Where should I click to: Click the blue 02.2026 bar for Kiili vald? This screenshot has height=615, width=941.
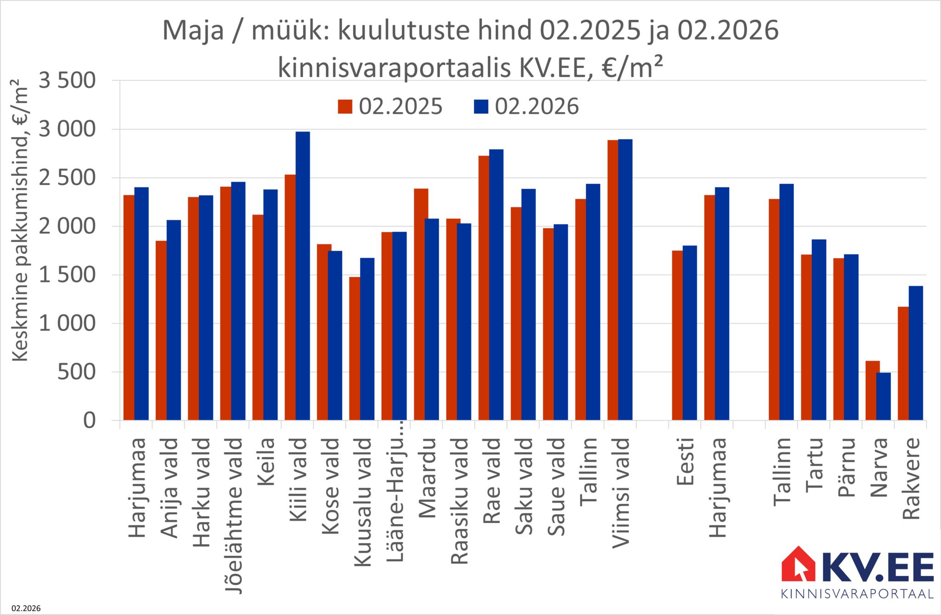(x=302, y=276)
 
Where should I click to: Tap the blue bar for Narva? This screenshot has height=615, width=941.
(x=883, y=396)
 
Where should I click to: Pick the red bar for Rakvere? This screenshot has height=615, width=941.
(x=903, y=363)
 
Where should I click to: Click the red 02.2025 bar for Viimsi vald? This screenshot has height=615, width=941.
(x=612, y=280)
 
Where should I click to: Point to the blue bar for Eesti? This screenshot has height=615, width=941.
(x=690, y=333)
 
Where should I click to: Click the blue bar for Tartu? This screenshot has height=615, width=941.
(x=819, y=330)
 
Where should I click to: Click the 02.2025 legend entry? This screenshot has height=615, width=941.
(x=391, y=107)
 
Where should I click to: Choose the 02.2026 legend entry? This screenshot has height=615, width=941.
(x=527, y=107)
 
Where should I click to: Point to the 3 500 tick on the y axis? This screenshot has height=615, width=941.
(x=67, y=81)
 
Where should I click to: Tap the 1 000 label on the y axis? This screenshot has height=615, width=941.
(x=67, y=324)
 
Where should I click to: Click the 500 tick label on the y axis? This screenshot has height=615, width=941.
(x=76, y=372)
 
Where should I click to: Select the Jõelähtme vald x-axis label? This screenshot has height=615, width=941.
(x=234, y=515)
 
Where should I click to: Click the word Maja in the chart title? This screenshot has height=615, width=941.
(x=193, y=31)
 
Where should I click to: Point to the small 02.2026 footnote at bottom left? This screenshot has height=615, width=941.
(x=26, y=608)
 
